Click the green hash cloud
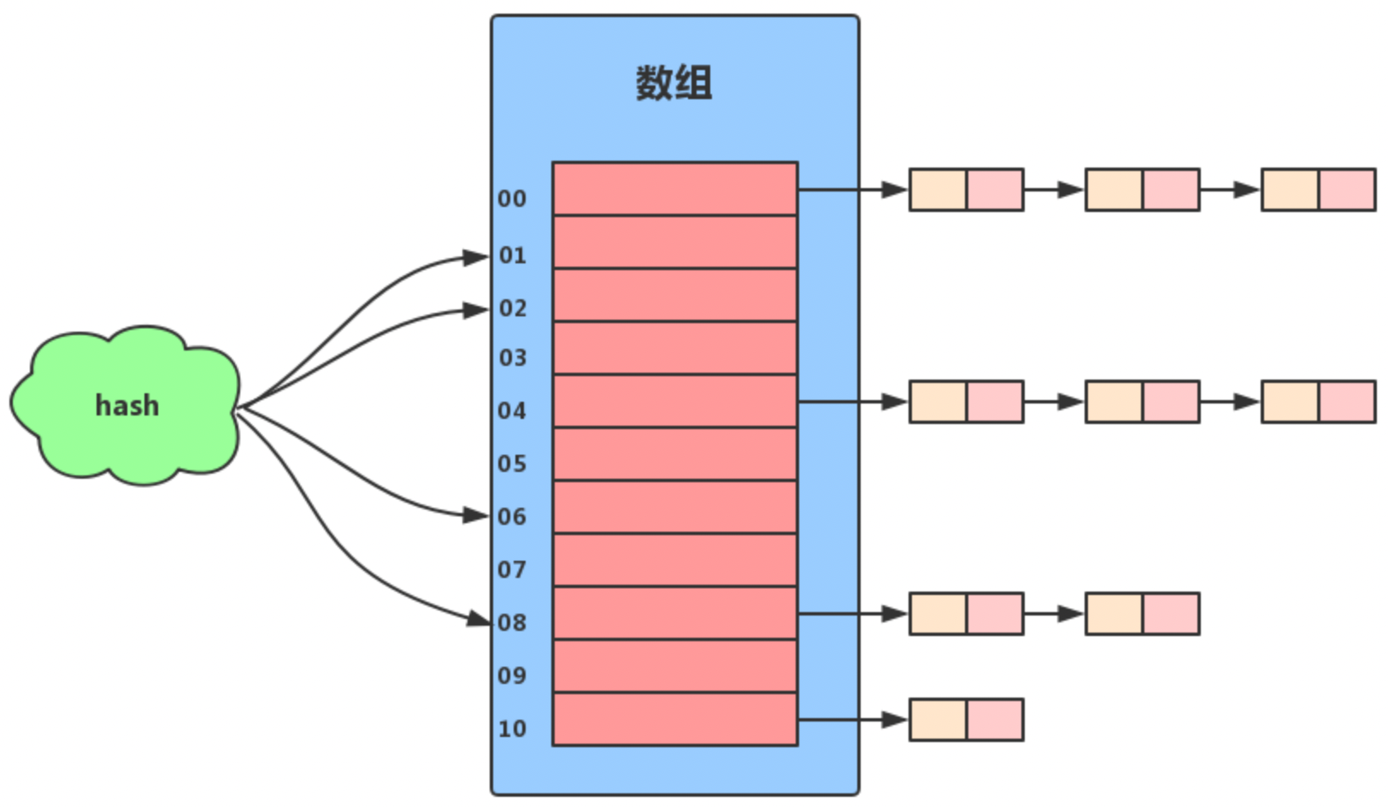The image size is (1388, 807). coord(126,405)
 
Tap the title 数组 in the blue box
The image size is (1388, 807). coord(673,83)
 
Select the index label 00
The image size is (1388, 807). coord(512,199)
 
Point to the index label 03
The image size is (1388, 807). coord(512,358)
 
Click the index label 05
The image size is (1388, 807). coord(512,464)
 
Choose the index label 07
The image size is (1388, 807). coord(512,570)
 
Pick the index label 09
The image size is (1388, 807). coord(512,676)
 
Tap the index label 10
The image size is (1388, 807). coord(512,729)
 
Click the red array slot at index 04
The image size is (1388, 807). coord(674,401)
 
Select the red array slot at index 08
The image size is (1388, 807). coord(674,613)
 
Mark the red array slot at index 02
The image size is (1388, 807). coord(674,295)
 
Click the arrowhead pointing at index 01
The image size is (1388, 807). coord(475,256)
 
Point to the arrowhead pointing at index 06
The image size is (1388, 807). coord(475,515)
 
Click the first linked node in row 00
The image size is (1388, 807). coord(966,189)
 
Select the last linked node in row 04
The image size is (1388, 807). coord(1318,402)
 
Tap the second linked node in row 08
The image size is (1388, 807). coord(1142,614)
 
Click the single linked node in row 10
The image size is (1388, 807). coord(966,720)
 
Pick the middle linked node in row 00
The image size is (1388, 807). coord(1142,189)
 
